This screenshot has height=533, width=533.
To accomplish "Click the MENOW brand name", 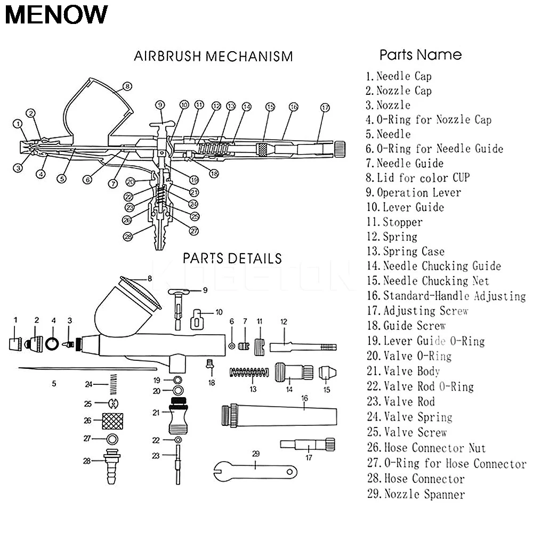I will tap(56, 15).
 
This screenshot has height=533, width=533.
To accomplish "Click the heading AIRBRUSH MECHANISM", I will tap(213, 56).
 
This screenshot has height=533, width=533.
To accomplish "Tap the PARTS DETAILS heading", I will tap(232, 259).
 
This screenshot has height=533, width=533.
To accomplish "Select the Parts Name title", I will tap(421, 55).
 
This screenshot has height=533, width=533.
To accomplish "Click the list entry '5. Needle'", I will tap(388, 134).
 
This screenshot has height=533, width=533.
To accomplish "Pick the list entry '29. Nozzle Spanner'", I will tap(416, 494).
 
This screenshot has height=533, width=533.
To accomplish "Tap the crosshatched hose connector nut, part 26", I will tap(112, 420).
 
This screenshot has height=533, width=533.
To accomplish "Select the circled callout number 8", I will tap(127, 85).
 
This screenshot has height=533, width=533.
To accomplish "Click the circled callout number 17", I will tap(325, 107).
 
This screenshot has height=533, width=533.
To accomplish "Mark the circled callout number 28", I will tap(127, 237).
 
